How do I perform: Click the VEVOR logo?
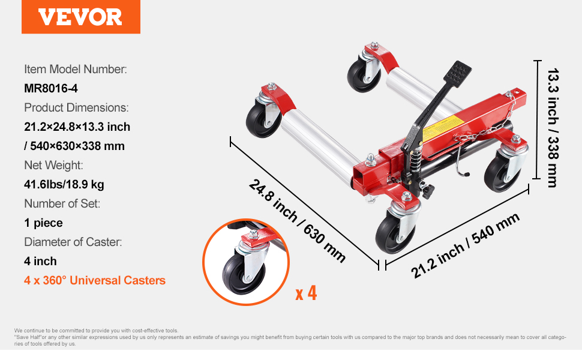[x=80, y=17]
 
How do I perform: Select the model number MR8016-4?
[x=51, y=88]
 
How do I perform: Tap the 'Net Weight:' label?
[x=53, y=165]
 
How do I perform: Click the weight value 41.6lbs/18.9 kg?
[x=64, y=184]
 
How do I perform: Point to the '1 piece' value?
[x=43, y=223]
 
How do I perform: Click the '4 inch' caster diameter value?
[x=40, y=261]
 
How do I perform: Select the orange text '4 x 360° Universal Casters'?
[x=95, y=280]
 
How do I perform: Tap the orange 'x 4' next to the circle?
[x=306, y=293]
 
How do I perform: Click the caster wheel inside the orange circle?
[x=244, y=274]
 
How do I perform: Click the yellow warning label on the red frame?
[x=442, y=127]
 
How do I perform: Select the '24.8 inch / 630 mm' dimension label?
[x=297, y=221]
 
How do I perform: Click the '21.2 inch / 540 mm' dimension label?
[x=465, y=245]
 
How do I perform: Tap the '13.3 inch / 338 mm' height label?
[x=553, y=128]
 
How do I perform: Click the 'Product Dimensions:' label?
[x=76, y=107]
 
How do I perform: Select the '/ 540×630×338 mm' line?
[x=74, y=146]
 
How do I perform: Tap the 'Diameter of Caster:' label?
[x=73, y=242]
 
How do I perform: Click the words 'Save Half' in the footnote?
[x=29, y=337]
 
